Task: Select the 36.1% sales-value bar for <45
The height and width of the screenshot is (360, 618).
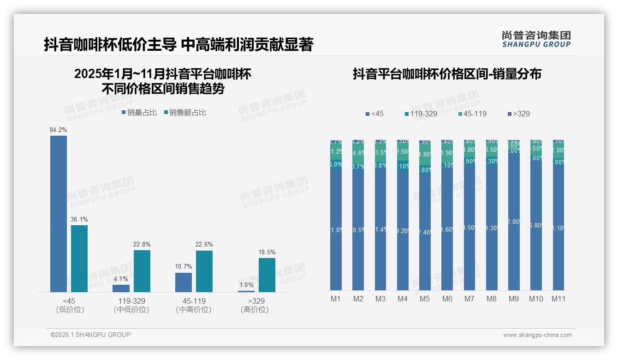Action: click(x=79, y=258)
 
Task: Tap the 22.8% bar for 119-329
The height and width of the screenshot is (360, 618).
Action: click(x=142, y=271)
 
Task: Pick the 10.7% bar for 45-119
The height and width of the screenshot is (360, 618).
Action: click(x=184, y=282)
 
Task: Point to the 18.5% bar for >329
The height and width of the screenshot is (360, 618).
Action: click(x=267, y=275)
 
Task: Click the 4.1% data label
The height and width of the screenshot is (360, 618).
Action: click(x=121, y=279)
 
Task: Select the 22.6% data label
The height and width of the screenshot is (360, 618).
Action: click(x=204, y=245)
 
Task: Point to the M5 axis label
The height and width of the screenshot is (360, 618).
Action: click(x=425, y=299)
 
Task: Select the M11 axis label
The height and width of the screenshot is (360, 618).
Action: click(x=559, y=299)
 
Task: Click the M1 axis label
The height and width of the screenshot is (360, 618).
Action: click(x=336, y=299)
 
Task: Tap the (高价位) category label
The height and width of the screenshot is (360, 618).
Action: click(x=255, y=310)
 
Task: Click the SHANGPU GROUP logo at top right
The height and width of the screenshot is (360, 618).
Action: click(x=536, y=39)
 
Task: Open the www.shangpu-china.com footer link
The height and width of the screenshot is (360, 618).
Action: click(x=537, y=335)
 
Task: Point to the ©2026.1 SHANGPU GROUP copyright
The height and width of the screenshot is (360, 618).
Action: click(x=90, y=335)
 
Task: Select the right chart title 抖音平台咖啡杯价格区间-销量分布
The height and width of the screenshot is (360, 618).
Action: click(x=447, y=74)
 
